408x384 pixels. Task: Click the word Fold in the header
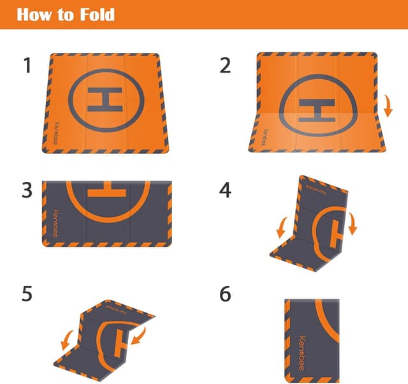[x=97, y=15]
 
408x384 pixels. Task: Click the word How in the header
[x=34, y=15]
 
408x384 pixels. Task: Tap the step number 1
[x=27, y=66]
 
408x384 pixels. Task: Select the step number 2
[x=225, y=66]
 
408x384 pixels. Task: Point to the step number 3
[x=27, y=191]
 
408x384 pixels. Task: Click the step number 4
[x=225, y=190]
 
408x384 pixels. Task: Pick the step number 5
[x=27, y=293]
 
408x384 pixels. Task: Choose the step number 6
[x=225, y=293]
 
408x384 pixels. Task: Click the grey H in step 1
[x=105, y=100]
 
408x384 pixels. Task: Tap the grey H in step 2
[x=317, y=110]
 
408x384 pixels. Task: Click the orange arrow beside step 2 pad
[x=388, y=106]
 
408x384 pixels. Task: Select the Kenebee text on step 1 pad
[x=57, y=133]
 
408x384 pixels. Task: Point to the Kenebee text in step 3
[x=55, y=223]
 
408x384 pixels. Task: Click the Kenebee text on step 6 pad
[x=302, y=353]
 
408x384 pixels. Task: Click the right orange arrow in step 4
[x=353, y=224]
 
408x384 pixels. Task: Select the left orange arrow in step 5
[x=67, y=340]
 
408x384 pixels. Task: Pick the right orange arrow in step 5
[x=138, y=336]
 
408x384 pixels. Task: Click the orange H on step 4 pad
[x=336, y=234]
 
